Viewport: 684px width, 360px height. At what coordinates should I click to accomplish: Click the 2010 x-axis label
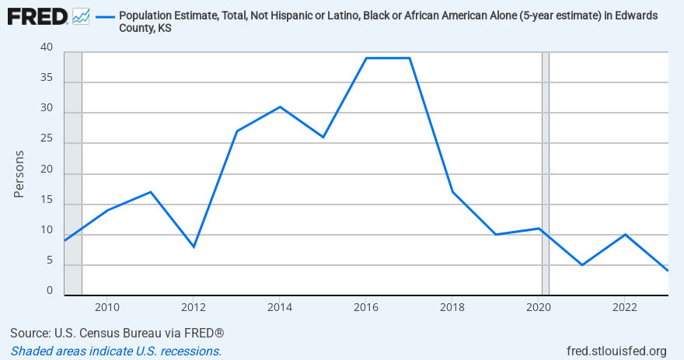tap(107, 306)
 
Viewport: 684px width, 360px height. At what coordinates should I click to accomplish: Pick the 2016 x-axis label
tap(366, 306)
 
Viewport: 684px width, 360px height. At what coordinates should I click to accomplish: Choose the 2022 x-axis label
tap(624, 306)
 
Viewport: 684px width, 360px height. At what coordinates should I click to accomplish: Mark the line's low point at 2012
tap(194, 246)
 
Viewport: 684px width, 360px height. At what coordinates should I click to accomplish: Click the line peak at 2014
tap(280, 107)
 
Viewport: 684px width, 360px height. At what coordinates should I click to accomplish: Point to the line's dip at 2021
tap(581, 265)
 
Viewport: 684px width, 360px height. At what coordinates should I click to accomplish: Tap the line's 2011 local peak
tap(151, 192)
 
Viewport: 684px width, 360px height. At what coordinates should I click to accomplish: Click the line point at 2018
tap(452, 192)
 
